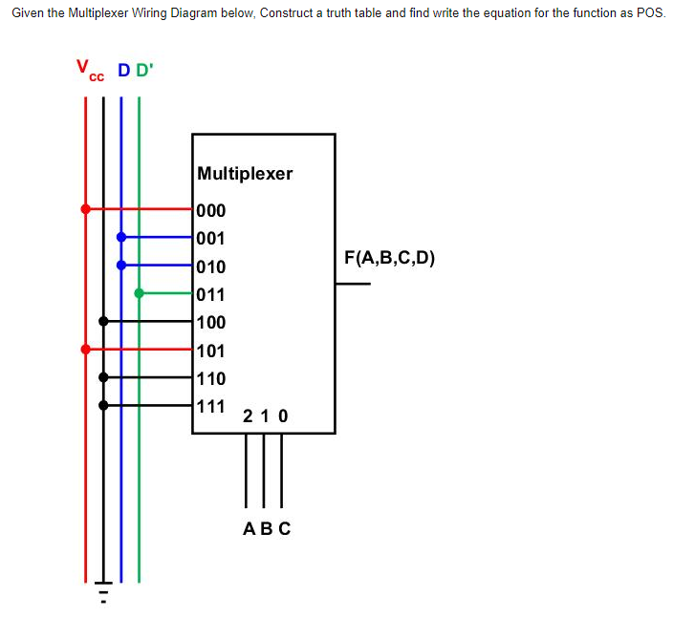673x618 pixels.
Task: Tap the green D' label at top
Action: click(144, 71)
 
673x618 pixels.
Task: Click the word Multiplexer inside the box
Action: click(245, 174)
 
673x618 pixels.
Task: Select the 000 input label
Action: click(211, 210)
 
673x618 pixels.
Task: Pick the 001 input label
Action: click(211, 238)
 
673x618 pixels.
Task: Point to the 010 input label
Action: click(211, 266)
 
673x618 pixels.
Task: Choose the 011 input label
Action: click(211, 294)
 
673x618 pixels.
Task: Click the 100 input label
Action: click(211, 323)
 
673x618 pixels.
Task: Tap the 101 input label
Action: click(211, 351)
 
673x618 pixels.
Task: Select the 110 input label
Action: click(211, 378)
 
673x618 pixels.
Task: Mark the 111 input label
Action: click(211, 406)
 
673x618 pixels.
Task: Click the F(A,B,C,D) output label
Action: click(389, 258)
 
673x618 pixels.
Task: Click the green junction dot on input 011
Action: click(140, 293)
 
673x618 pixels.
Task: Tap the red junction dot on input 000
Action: click(85, 208)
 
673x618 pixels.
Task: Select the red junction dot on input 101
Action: click(85, 350)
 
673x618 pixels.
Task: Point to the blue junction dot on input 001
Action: click(120, 237)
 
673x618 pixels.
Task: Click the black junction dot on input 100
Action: click(103, 322)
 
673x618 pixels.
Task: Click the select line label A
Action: click(249, 528)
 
